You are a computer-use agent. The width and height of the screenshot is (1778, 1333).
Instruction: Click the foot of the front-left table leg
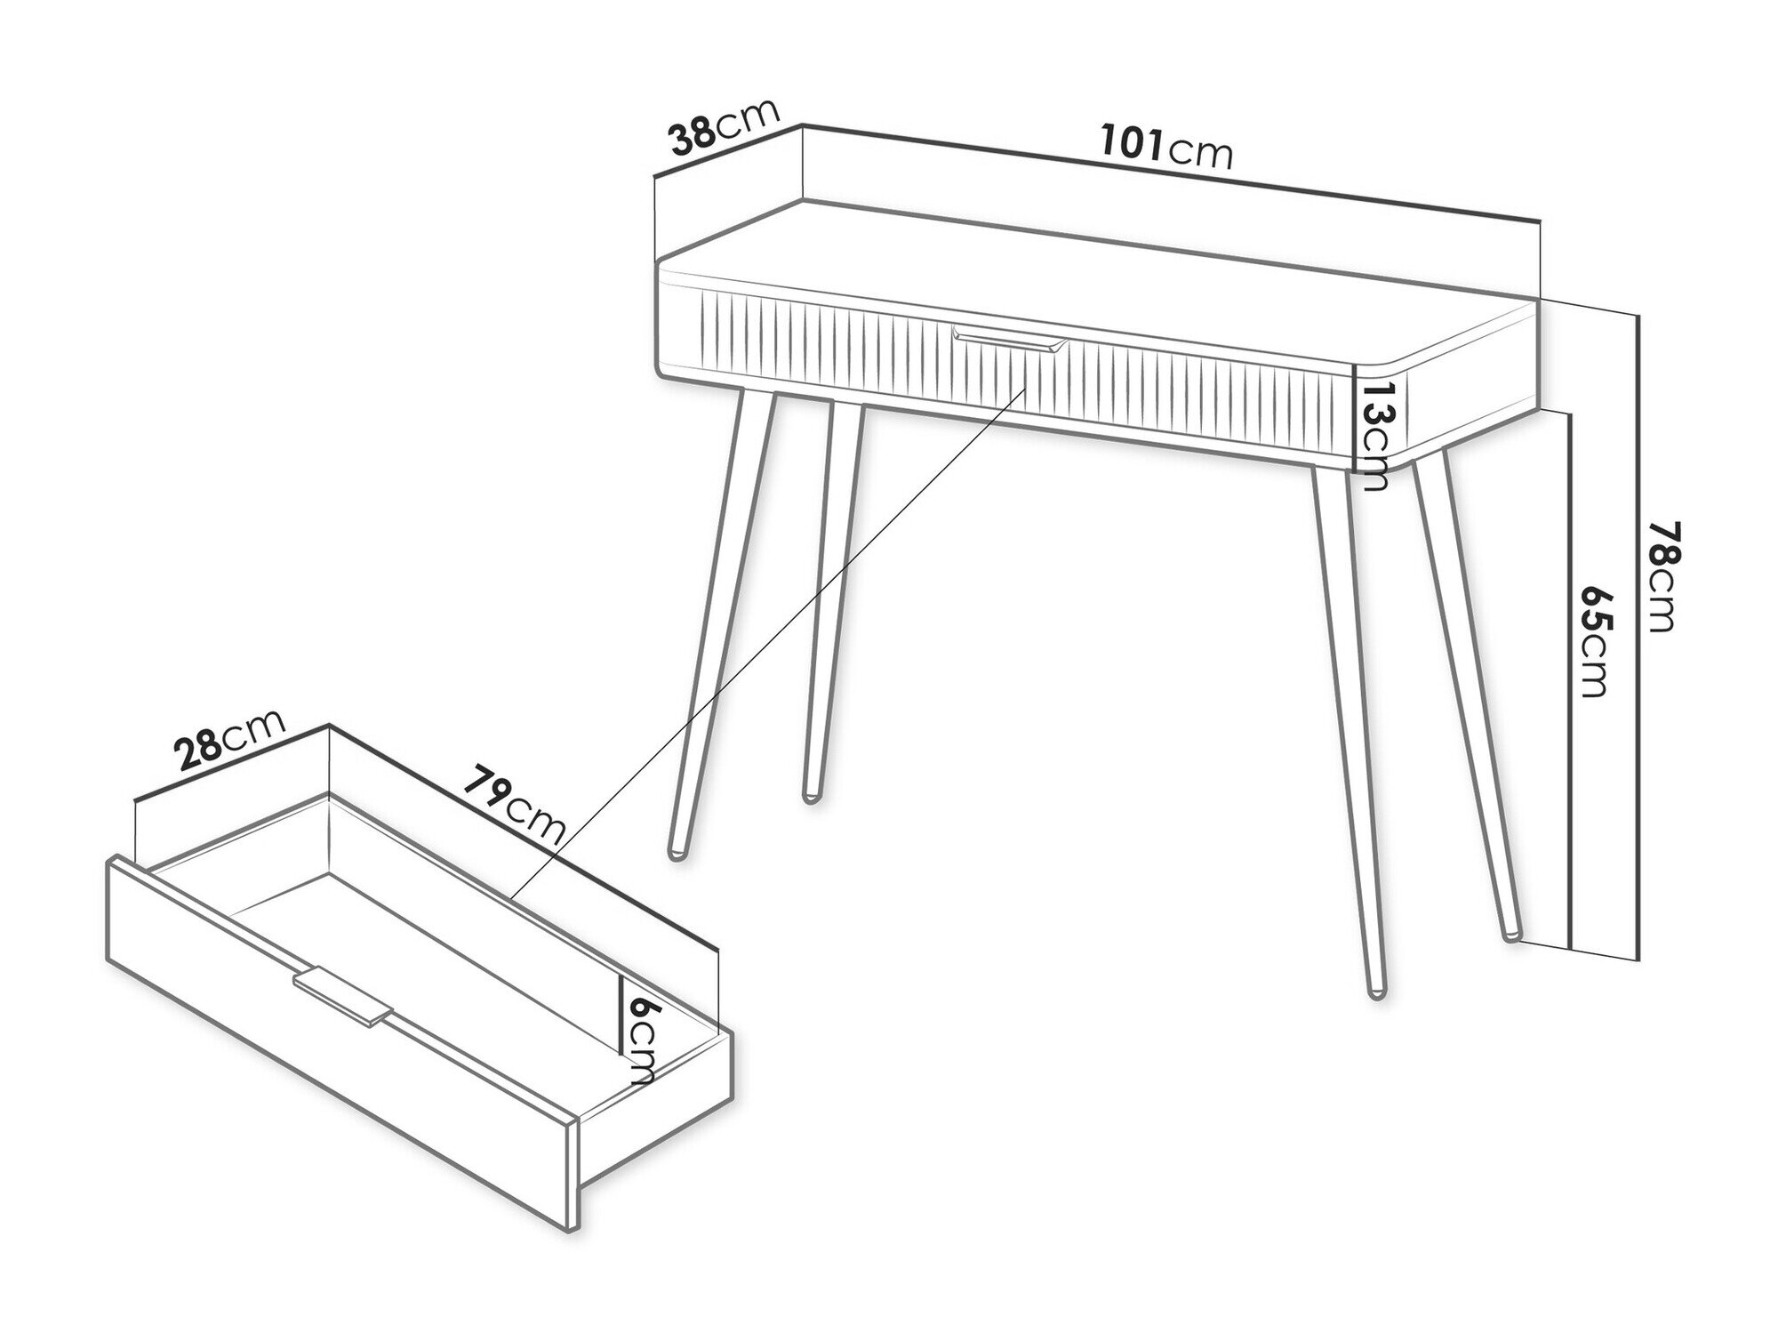click(x=677, y=853)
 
